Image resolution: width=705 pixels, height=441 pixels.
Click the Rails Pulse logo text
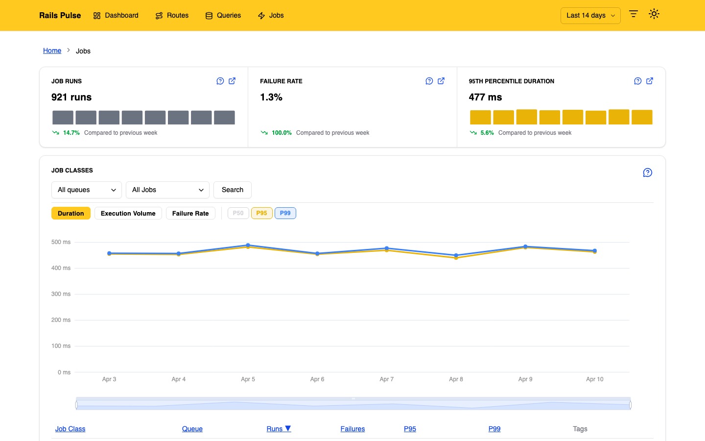pyautogui.click(x=60, y=15)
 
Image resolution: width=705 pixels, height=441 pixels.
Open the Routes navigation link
pyautogui.click(x=172, y=15)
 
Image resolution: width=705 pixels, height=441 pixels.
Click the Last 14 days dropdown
pyautogui.click(x=590, y=15)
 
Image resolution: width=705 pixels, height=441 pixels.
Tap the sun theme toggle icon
pyautogui.click(x=654, y=14)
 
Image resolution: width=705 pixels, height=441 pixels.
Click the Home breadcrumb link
pyautogui.click(x=52, y=50)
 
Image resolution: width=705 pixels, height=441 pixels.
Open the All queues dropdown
pyautogui.click(x=86, y=190)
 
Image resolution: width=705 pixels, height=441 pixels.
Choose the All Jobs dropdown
pyautogui.click(x=167, y=190)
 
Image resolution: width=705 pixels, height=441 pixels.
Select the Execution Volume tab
pyautogui.click(x=128, y=213)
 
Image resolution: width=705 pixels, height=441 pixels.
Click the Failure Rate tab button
pyautogui.click(x=190, y=213)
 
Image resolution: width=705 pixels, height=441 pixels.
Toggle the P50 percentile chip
pyautogui.click(x=238, y=213)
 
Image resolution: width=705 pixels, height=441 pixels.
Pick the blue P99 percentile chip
pyautogui.click(x=285, y=213)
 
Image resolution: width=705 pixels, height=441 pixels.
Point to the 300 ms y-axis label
pyautogui.click(x=61, y=294)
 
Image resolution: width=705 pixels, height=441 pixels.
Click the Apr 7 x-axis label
pyautogui.click(x=386, y=379)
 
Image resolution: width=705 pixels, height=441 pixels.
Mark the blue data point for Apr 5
pyautogui.click(x=248, y=245)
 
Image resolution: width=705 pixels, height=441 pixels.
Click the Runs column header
pyautogui.click(x=278, y=429)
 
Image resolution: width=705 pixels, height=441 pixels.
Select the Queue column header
pyautogui.click(x=192, y=429)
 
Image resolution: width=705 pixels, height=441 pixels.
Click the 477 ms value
pyautogui.click(x=485, y=97)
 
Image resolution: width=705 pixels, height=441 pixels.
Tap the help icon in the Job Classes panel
pyautogui.click(x=647, y=172)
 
